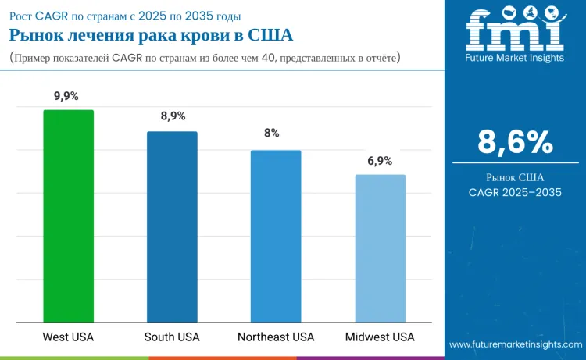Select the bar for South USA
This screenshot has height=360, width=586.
click(x=172, y=226)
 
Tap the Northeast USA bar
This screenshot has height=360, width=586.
click(x=276, y=236)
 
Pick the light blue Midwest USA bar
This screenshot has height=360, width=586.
click(x=381, y=248)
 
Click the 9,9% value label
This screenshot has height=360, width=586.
click(x=67, y=96)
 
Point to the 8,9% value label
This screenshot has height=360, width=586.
click(x=173, y=116)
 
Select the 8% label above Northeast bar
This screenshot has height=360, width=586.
click(x=271, y=134)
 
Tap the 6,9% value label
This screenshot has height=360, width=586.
click(x=380, y=160)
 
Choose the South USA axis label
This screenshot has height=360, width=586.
click(x=172, y=337)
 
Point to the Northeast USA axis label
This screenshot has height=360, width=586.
click(x=276, y=337)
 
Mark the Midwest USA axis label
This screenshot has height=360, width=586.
click(x=380, y=337)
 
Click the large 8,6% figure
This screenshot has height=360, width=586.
click(x=515, y=142)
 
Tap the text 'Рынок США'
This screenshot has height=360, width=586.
click(x=515, y=177)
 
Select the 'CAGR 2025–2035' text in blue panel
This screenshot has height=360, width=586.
click(x=515, y=192)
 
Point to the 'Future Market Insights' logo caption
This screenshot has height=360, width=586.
click(x=514, y=57)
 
